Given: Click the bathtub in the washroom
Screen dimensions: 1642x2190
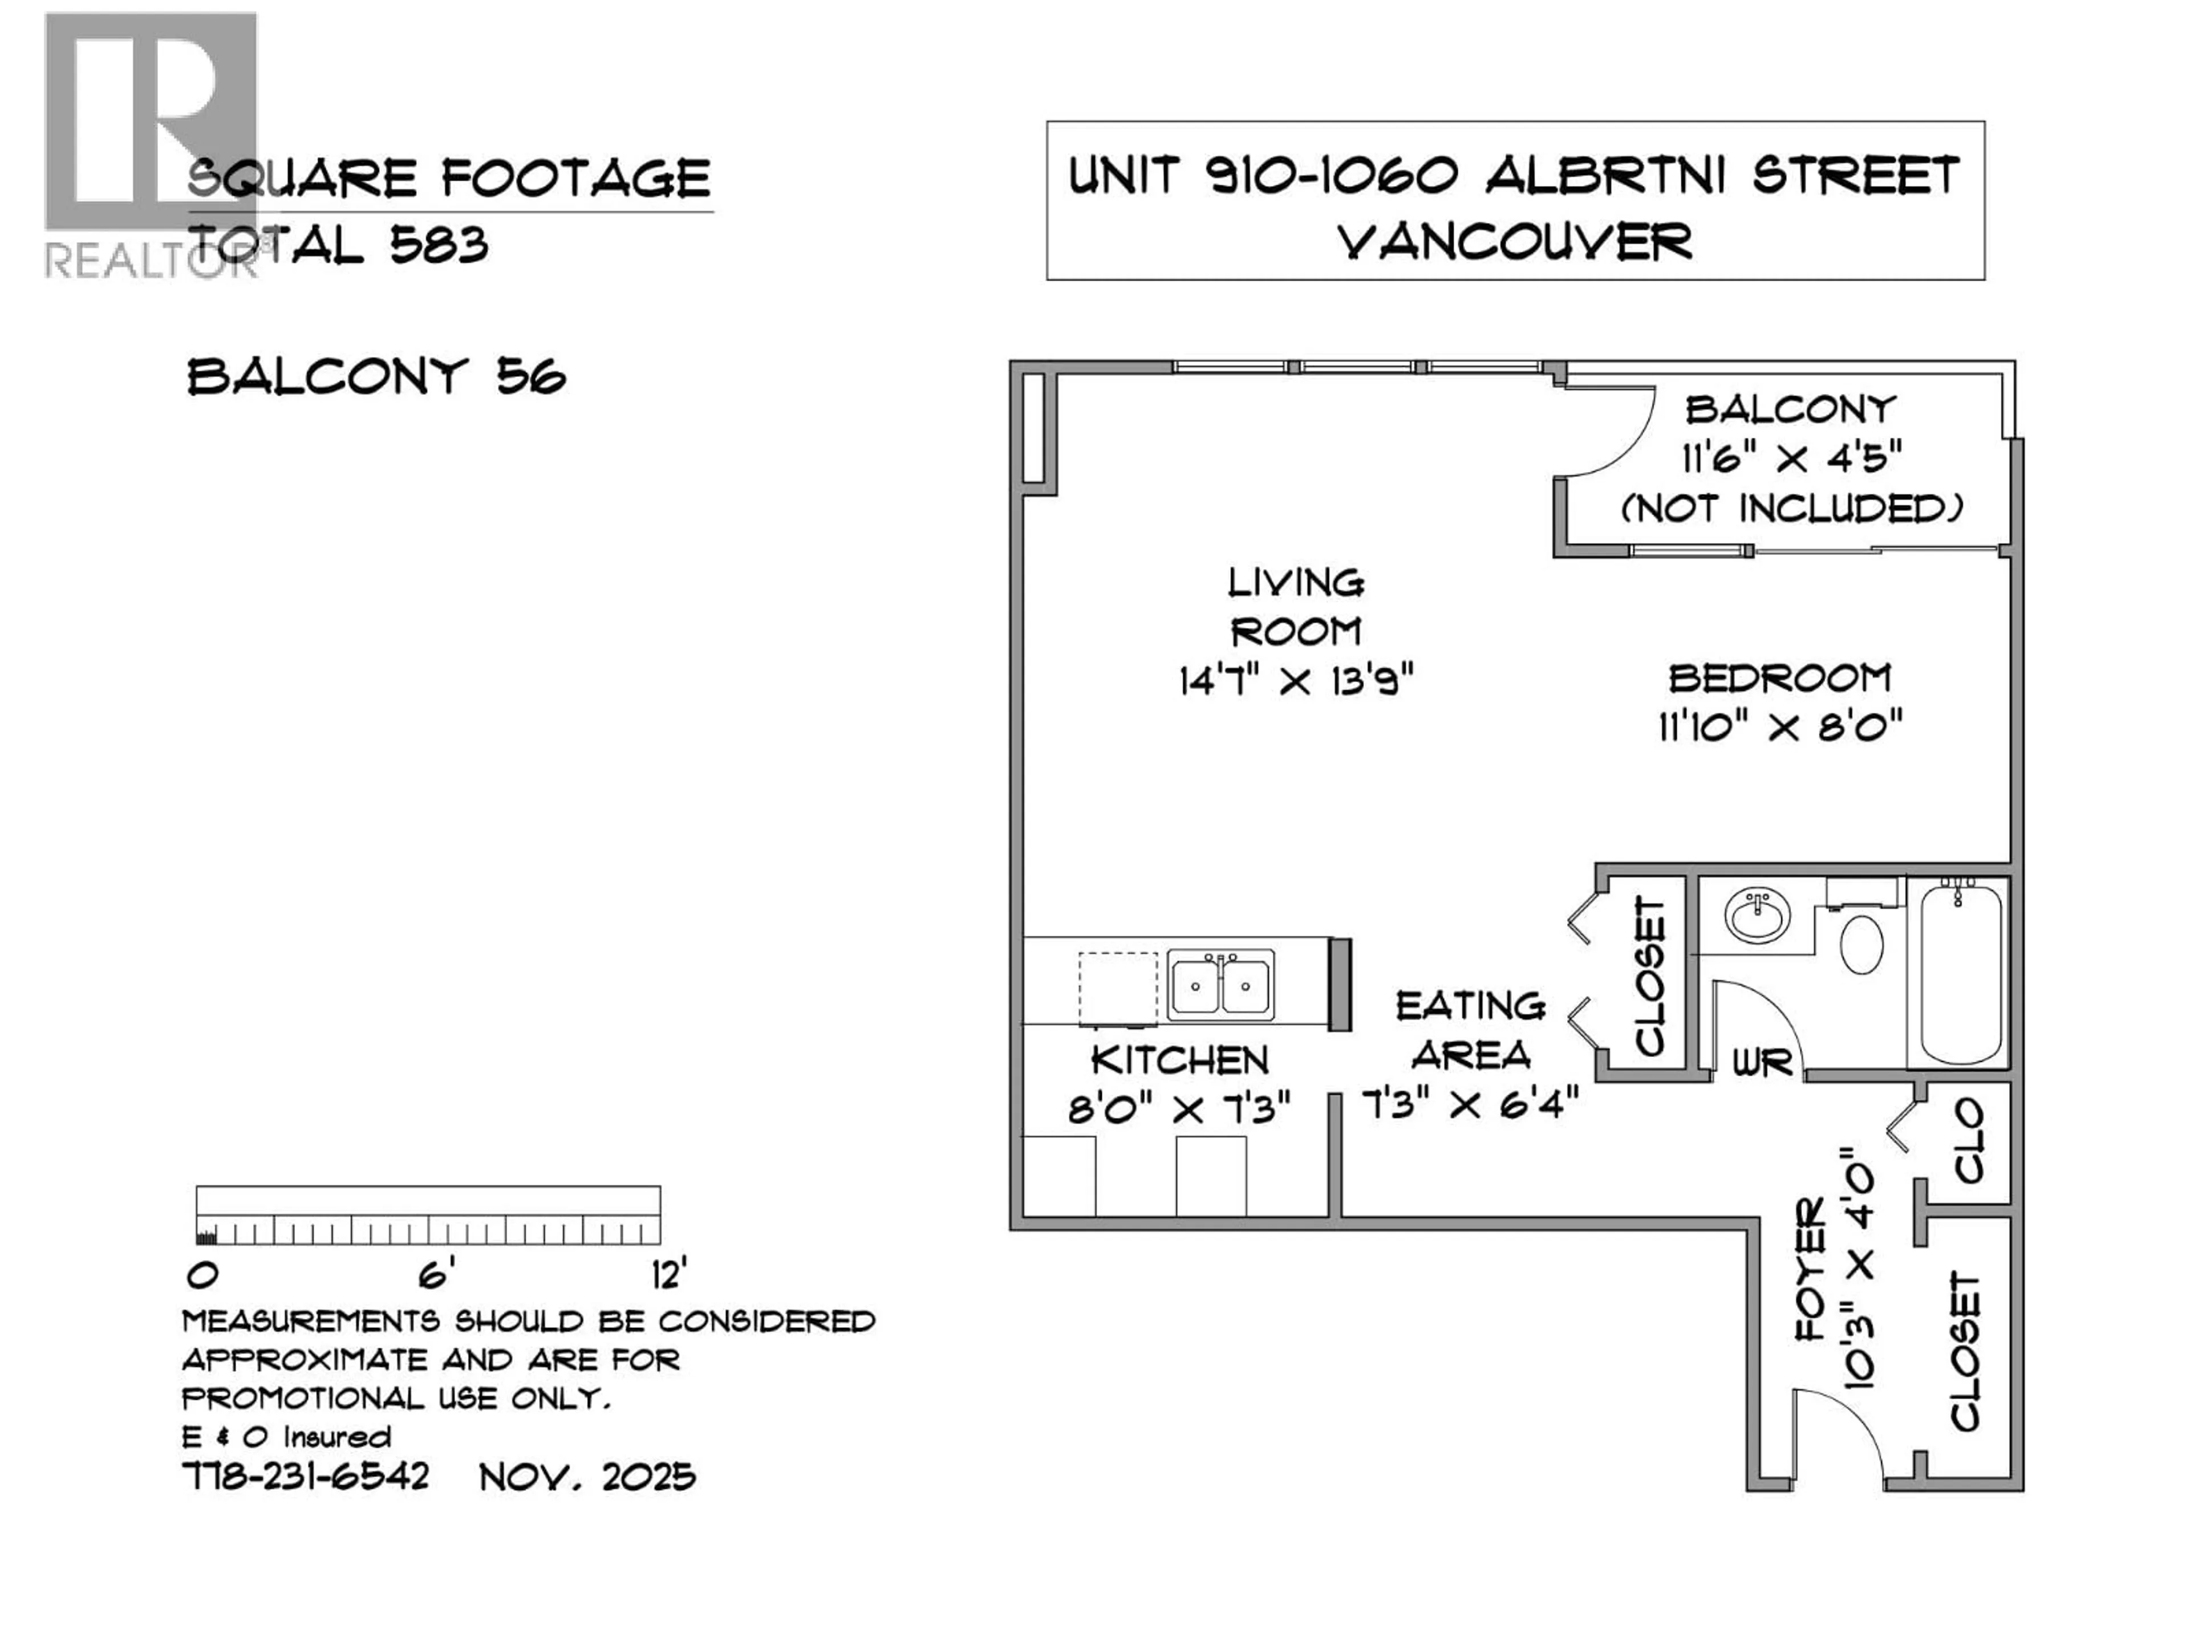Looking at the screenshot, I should (x=1960, y=974).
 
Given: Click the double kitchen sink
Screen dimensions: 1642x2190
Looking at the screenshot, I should (x=1220, y=985).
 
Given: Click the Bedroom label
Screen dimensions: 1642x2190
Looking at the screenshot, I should (x=1779, y=679).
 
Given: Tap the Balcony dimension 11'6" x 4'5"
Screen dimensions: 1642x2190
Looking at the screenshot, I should (x=1791, y=458).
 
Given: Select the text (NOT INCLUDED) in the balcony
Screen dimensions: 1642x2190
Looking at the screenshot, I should (x=1791, y=509).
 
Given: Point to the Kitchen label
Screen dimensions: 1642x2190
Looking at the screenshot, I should (x=1179, y=1061).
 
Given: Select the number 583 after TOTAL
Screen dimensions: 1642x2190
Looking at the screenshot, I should (x=439, y=245).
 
